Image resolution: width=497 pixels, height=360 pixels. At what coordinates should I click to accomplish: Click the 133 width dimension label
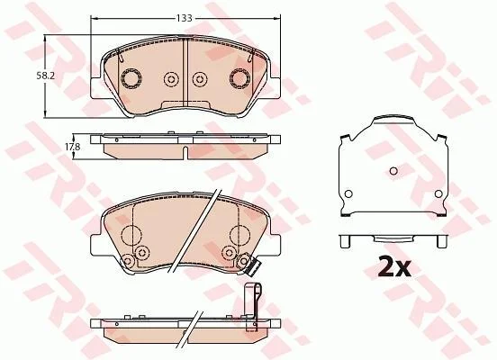click(x=185, y=18)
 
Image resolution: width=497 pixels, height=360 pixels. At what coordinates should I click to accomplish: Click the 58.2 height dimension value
click(x=44, y=76)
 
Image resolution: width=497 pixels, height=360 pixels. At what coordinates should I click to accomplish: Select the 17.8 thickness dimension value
click(x=73, y=147)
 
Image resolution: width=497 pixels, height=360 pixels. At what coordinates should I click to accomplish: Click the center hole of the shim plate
click(x=393, y=171)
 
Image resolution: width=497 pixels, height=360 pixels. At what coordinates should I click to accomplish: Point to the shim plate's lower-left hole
click(x=348, y=193)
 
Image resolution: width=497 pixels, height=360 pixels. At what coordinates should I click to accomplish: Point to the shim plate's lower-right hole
click(x=438, y=193)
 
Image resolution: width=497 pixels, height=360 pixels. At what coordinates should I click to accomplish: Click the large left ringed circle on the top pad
click(x=131, y=78)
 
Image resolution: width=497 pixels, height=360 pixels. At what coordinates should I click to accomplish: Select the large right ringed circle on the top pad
click(x=239, y=78)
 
